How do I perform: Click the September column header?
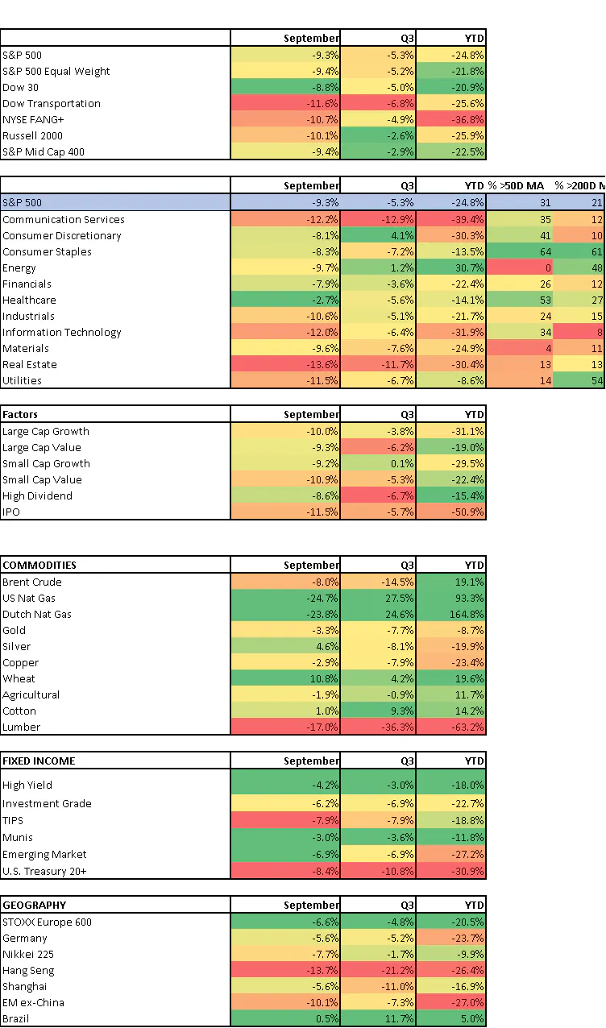click(311, 185)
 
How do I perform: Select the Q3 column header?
click(407, 185)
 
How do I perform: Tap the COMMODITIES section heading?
click(39, 565)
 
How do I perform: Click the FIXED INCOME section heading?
click(39, 760)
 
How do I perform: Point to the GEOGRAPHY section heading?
click(35, 905)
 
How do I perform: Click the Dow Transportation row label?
click(52, 103)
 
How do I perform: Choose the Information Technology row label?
click(62, 332)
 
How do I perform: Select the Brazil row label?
click(17, 1018)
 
